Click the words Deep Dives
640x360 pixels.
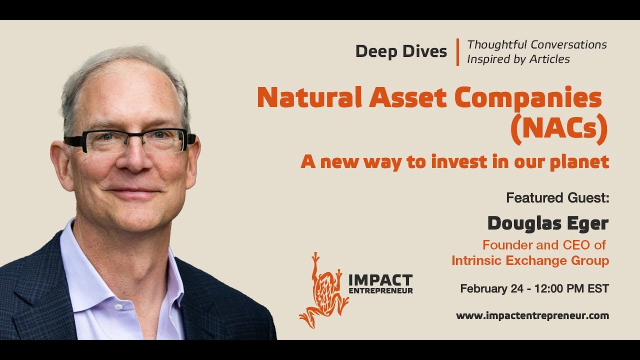pyautogui.click(x=401, y=51)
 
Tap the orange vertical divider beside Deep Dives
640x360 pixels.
pyautogui.click(x=457, y=52)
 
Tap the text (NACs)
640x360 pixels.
pyautogui.click(x=558, y=129)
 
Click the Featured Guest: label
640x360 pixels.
pyautogui.click(x=557, y=198)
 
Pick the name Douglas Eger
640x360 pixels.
pyautogui.click(x=547, y=223)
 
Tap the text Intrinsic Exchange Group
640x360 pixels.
pyautogui.click(x=530, y=260)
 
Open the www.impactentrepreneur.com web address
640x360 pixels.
pyautogui.click(x=532, y=315)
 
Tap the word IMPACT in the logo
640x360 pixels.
pyautogui.click(x=380, y=280)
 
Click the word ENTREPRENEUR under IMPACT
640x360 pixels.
pyautogui.click(x=380, y=290)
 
